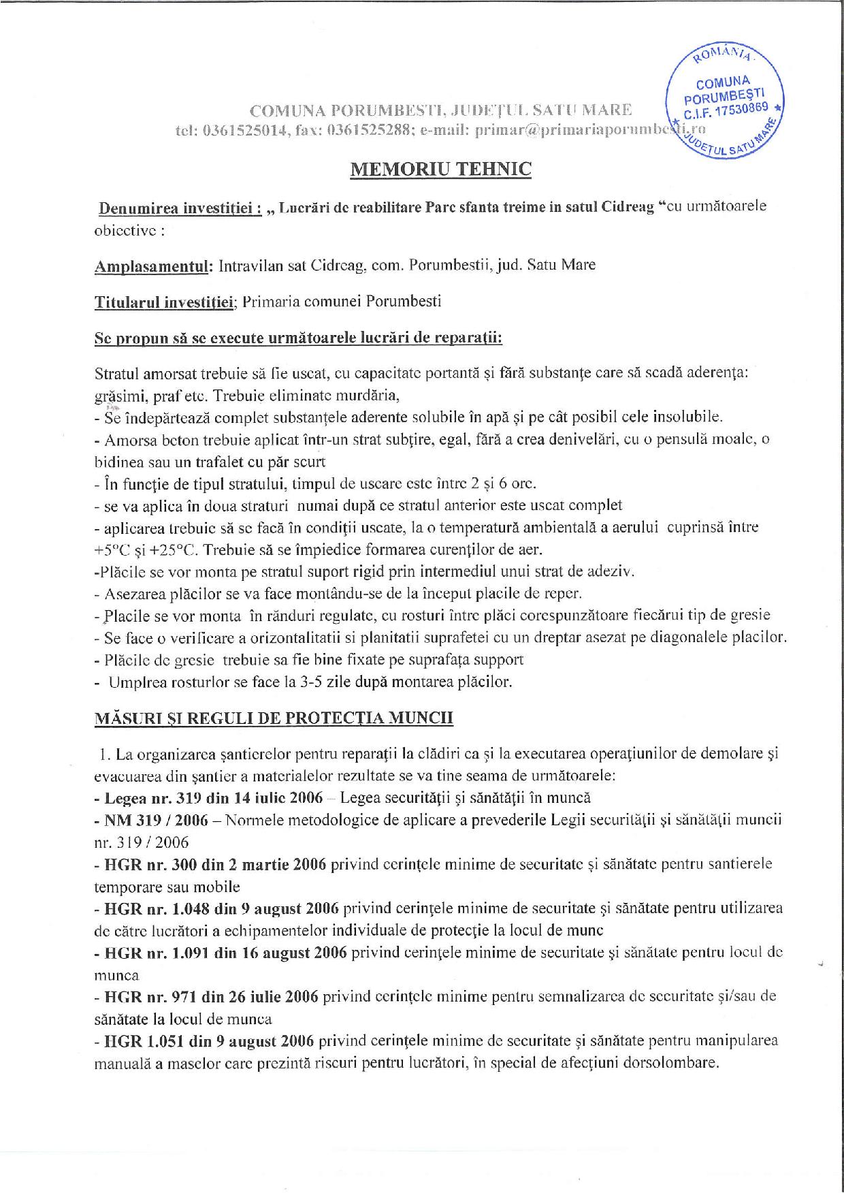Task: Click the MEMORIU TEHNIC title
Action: (440, 169)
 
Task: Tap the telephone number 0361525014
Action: (244, 131)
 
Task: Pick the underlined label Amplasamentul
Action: (154, 265)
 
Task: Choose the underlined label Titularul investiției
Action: (165, 302)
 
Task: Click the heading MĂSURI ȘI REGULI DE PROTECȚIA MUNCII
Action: (274, 718)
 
